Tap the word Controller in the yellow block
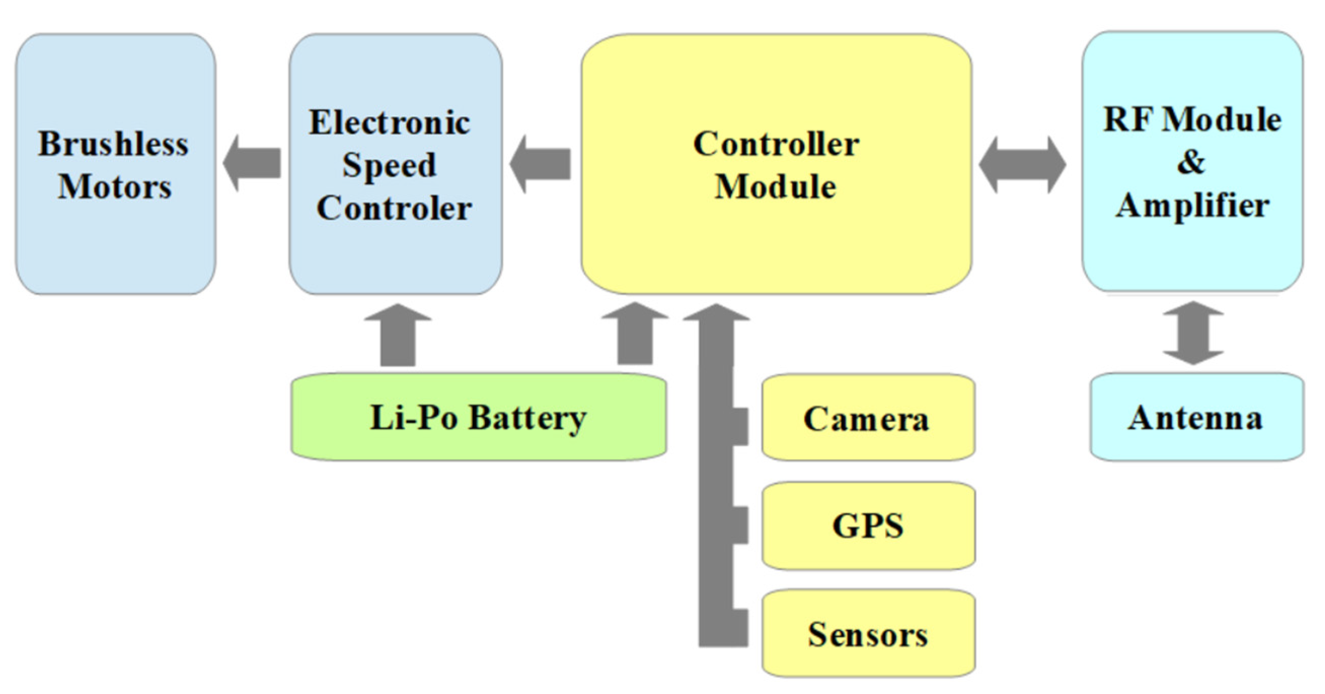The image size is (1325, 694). [x=776, y=144]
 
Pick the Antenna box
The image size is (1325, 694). [x=1196, y=417]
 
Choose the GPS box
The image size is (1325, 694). [x=868, y=526]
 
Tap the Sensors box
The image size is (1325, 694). [x=868, y=634]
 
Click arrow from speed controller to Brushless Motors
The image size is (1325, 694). [x=252, y=163]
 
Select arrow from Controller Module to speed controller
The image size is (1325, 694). [x=540, y=164]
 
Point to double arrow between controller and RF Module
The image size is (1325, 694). [x=1022, y=164]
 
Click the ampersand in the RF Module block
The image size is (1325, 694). [x=1191, y=162]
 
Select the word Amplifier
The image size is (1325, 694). [x=1192, y=205]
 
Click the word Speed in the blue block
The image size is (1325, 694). [x=389, y=165]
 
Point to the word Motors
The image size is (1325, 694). [x=114, y=186]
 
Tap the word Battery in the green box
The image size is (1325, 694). [x=527, y=418]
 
